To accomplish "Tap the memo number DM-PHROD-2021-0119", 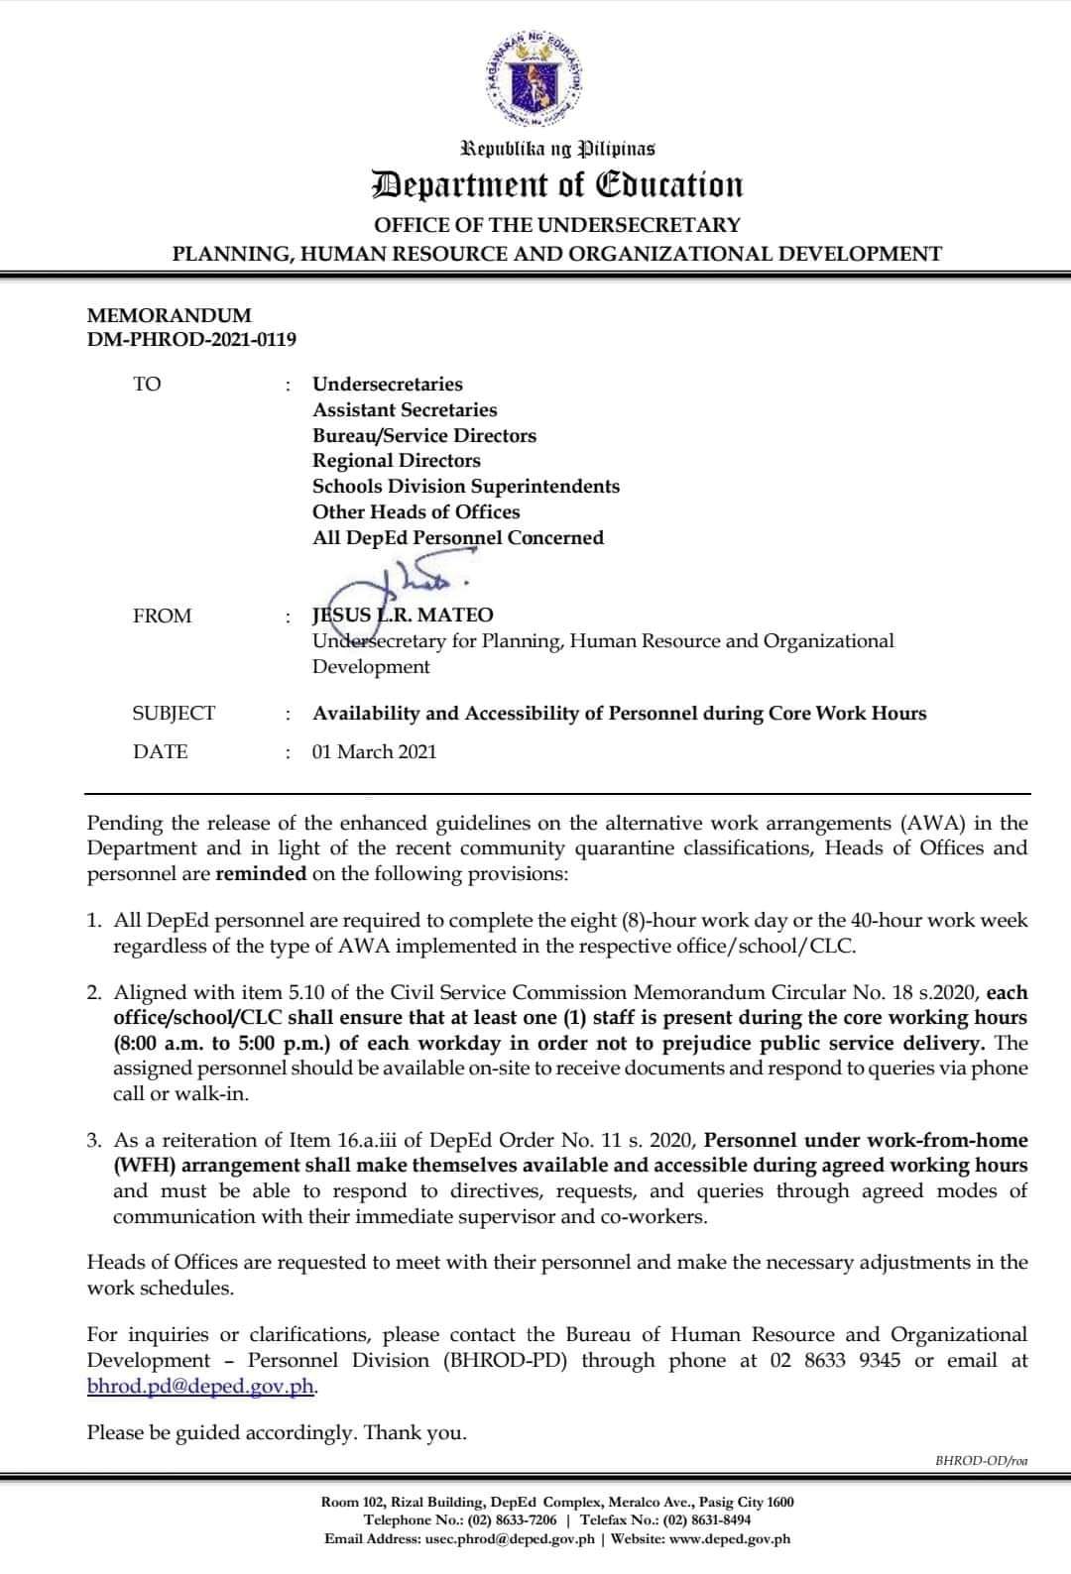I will coord(191,340).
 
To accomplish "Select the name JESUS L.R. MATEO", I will coord(403,616).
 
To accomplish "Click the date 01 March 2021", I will coord(374,751).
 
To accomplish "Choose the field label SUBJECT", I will coord(174,714).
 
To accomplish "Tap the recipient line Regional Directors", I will coord(397,461).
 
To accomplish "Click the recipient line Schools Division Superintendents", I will coord(466,487).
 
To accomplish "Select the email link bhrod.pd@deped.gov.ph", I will coord(201,1386).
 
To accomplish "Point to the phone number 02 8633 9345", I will coord(835,1360).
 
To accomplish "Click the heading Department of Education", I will coord(556,185).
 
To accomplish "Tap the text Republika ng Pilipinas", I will coord(557,150).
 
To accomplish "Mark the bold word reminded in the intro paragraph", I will coord(261,874).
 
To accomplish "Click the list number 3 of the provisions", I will coord(94,1141).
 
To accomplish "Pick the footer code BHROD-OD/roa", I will coord(981,1460).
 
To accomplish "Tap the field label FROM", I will coord(163,617).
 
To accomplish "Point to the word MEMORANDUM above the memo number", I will coord(170,315).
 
